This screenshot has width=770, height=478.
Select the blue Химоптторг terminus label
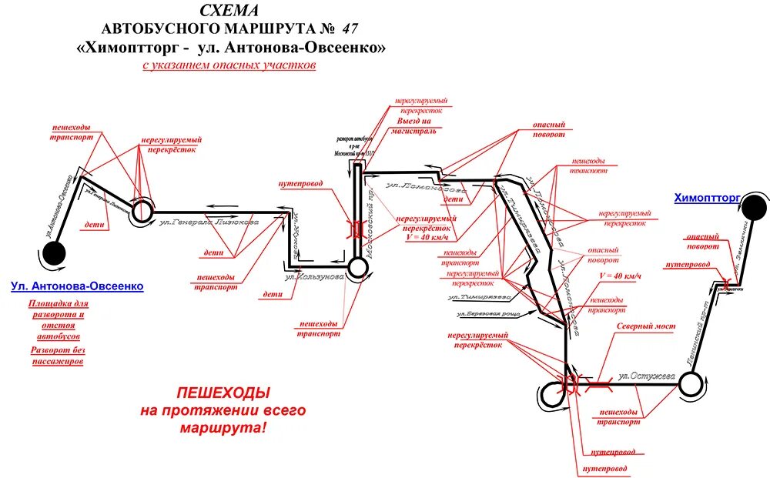click(x=707, y=198)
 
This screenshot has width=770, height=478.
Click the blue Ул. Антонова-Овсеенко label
click(x=77, y=286)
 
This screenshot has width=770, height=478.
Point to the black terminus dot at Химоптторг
click(x=753, y=205)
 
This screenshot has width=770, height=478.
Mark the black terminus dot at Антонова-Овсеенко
click(x=53, y=252)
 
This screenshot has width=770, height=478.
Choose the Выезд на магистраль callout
click(x=417, y=126)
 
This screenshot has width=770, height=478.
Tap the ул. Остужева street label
click(x=647, y=376)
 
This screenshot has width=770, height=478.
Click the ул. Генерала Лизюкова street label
click(x=209, y=222)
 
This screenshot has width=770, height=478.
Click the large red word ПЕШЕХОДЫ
click(x=223, y=393)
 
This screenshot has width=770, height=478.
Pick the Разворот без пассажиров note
click(x=58, y=356)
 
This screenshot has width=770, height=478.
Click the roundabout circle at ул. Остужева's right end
click(x=691, y=383)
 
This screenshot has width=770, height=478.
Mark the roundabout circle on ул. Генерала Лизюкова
click(x=142, y=212)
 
